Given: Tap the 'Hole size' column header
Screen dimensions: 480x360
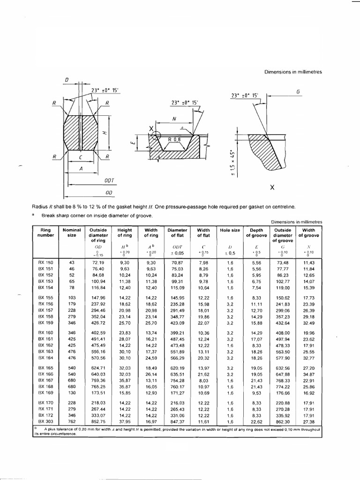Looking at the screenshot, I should point(230,231).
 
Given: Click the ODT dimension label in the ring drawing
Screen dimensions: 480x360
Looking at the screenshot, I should point(109,180).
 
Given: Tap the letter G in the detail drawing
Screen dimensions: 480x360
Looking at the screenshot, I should point(298,92).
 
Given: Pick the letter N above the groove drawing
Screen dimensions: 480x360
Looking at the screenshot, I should point(174,119).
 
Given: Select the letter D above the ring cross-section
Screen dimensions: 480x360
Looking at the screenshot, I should point(67,80).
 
